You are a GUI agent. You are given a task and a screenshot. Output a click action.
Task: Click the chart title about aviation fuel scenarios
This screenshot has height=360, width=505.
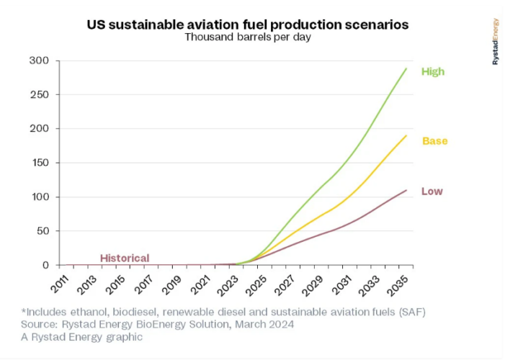(x=248, y=24)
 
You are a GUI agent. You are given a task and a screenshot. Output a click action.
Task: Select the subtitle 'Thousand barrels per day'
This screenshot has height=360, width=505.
(x=248, y=37)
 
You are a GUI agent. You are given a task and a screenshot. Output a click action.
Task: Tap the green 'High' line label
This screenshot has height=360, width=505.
(x=433, y=72)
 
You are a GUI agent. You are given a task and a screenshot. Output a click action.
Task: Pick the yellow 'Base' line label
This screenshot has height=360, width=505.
(x=434, y=141)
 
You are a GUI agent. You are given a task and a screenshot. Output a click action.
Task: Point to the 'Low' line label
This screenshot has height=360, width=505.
(x=432, y=192)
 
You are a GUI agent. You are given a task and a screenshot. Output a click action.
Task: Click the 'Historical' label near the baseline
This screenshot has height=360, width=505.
(x=125, y=258)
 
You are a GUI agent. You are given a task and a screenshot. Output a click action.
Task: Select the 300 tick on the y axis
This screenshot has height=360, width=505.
(x=39, y=60)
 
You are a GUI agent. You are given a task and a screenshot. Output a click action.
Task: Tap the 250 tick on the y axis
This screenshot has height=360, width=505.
(x=39, y=94)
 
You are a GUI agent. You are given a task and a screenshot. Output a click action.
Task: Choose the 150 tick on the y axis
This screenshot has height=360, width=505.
(x=39, y=163)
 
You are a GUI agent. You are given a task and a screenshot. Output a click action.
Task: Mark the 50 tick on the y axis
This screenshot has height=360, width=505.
(x=42, y=231)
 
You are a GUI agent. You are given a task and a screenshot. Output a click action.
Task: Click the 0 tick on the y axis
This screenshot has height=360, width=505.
(x=45, y=265)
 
